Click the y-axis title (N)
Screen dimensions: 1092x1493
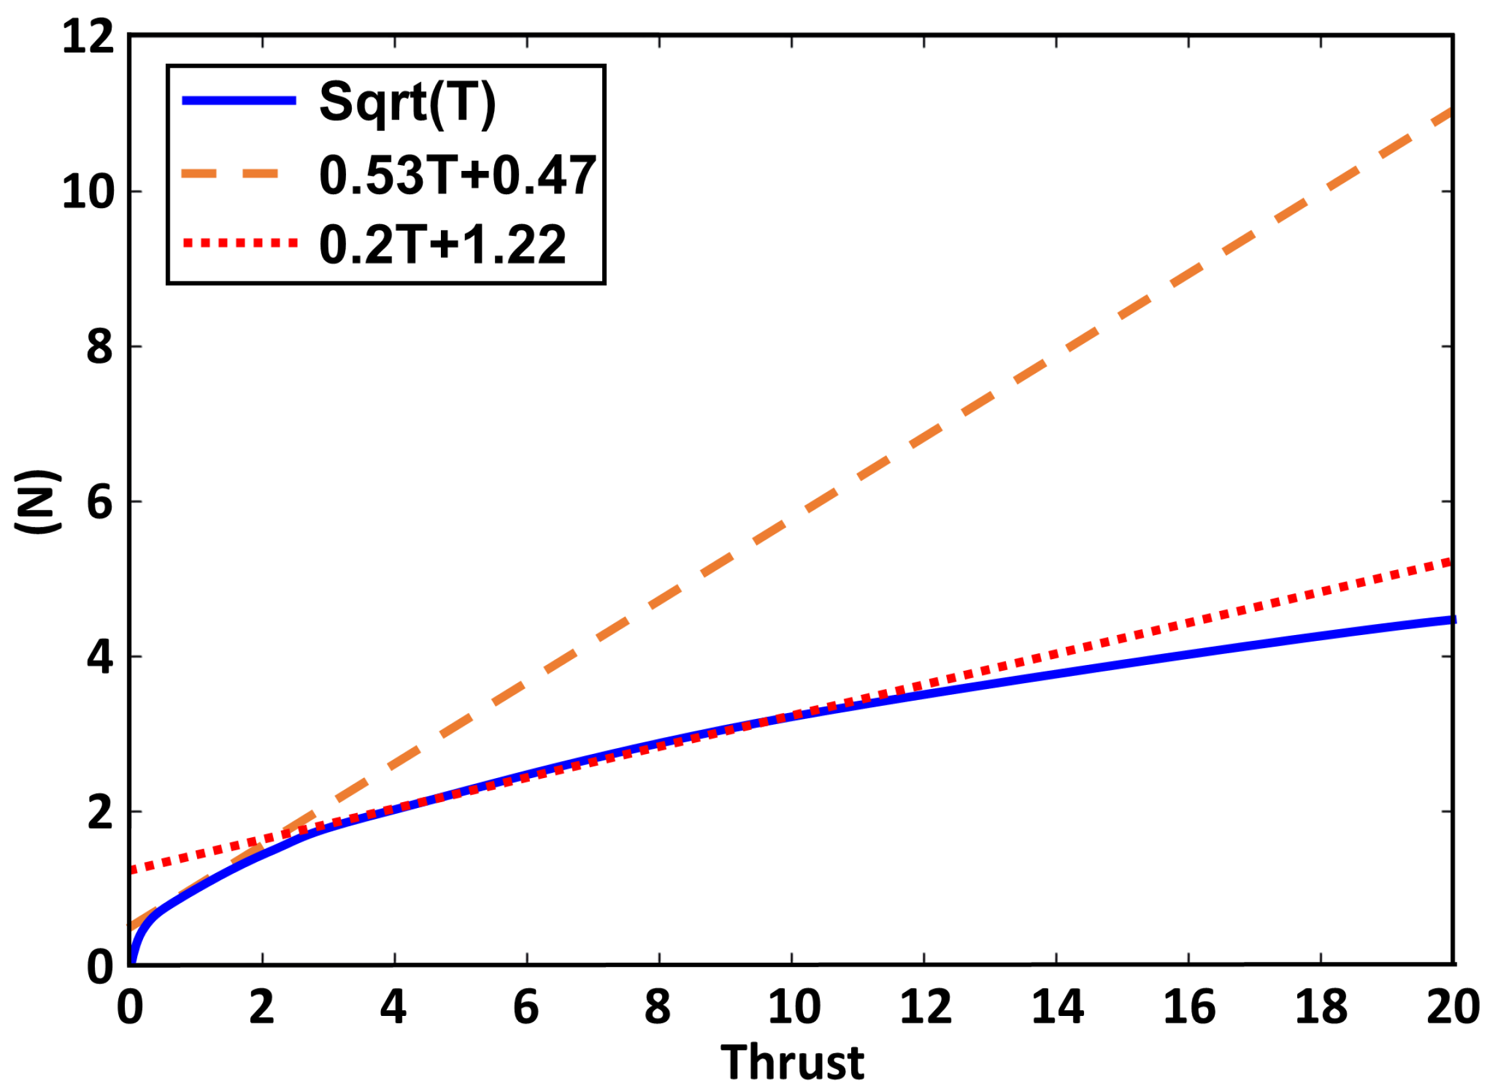click(x=38, y=502)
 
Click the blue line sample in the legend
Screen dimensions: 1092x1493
click(x=239, y=101)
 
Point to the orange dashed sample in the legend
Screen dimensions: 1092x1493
click(x=231, y=174)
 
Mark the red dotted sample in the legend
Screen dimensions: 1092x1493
click(x=239, y=243)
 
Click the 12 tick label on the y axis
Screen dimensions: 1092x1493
click(x=88, y=37)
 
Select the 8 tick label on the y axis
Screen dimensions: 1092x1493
click(x=99, y=347)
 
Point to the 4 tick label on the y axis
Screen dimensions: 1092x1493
click(x=99, y=657)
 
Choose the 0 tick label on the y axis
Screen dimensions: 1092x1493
click(x=99, y=967)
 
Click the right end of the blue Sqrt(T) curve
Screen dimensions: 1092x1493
click(x=1452, y=619)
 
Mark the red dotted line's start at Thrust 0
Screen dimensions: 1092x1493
click(x=132, y=870)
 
